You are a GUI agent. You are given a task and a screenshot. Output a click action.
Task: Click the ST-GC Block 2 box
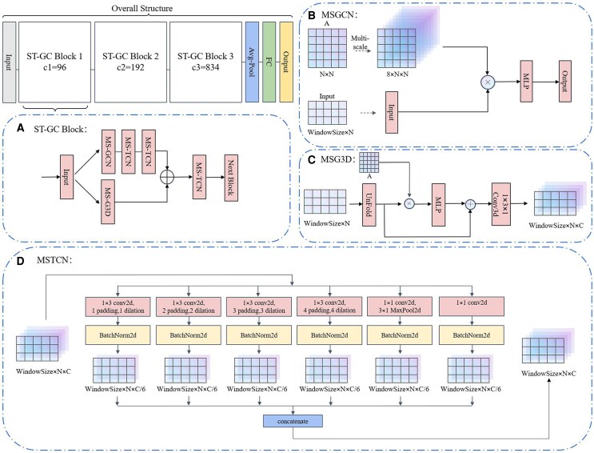pos(130,62)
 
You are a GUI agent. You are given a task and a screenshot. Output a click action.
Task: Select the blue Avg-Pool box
pos(252,62)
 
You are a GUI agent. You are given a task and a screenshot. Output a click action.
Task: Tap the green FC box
pos(269,62)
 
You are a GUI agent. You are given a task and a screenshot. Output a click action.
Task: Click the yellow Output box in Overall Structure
pos(286,62)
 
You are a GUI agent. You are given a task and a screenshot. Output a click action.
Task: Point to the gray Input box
pos(9,62)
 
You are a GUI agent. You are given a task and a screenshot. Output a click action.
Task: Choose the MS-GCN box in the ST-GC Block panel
pos(108,152)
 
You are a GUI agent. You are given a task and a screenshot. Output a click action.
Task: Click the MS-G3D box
pos(108,202)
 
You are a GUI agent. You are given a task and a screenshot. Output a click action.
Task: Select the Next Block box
pos(231,178)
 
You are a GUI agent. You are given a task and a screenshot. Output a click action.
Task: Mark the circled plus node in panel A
pos(167,177)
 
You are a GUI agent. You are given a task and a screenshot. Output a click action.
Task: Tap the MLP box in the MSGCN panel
pos(526,81)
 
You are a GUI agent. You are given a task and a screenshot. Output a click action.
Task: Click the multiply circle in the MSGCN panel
pos(488,82)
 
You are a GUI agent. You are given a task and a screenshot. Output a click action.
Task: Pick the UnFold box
pos(369,205)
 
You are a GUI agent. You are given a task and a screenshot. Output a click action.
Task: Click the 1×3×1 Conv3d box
pos(501,204)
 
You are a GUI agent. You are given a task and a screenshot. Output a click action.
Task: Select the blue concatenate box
pos(293,421)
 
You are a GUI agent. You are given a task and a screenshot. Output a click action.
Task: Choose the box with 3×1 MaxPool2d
pos(400,307)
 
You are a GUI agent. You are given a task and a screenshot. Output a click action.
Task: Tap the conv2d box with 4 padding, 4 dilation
pos(329,307)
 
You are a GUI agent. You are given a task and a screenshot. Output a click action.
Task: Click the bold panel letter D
pos(21,261)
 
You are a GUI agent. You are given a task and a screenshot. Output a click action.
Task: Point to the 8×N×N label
pos(397,74)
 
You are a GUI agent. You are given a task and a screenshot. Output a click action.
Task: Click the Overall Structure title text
pos(142,8)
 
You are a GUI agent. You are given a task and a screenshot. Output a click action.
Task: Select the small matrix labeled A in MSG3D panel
pos(369,162)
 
